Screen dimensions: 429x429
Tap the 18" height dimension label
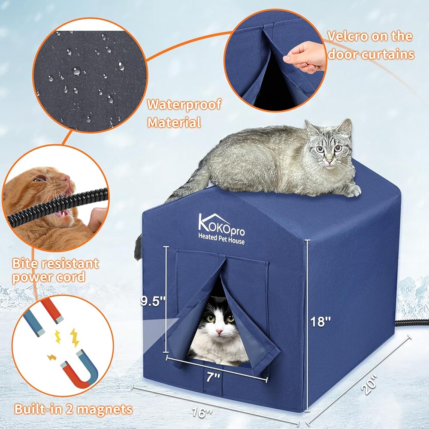click(x=320, y=321)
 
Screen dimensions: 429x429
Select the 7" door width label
click(x=213, y=377)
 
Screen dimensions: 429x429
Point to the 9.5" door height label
click(x=153, y=301)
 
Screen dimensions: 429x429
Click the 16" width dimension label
click(x=202, y=412)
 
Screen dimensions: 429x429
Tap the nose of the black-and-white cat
click(x=219, y=332)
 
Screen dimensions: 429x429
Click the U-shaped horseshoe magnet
click(x=79, y=369)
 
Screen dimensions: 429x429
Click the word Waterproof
click(x=184, y=105)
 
